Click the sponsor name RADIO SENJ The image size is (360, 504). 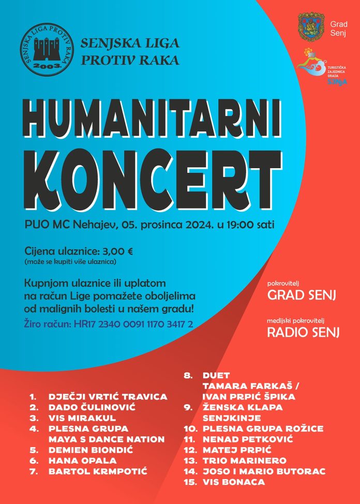(303, 332)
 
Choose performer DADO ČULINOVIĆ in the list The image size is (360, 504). (92, 408)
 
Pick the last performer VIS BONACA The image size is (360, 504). (234, 482)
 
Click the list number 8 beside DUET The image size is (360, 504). (189, 375)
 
